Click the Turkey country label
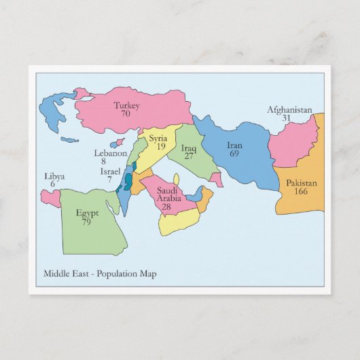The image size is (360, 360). click(x=126, y=105)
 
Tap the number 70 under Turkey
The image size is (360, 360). click(x=126, y=114)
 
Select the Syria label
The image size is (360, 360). click(x=158, y=139)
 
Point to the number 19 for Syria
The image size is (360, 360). click(x=160, y=146)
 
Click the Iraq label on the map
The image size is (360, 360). click(x=189, y=148)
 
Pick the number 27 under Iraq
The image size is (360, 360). click(x=189, y=156)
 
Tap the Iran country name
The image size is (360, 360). click(x=234, y=145)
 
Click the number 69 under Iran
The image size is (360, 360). click(x=234, y=154)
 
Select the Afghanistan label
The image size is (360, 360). click(x=289, y=109)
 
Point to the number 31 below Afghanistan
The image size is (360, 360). click(x=287, y=118)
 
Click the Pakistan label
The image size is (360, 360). click(x=301, y=183)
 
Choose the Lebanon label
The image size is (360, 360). click(x=109, y=154)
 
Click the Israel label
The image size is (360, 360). click(x=110, y=171)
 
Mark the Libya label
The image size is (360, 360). click(x=54, y=177)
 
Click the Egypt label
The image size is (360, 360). click(x=88, y=213)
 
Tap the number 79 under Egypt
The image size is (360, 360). click(x=86, y=221)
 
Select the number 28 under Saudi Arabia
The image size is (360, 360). click(x=166, y=206)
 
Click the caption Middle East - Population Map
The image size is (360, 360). click(x=100, y=274)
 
